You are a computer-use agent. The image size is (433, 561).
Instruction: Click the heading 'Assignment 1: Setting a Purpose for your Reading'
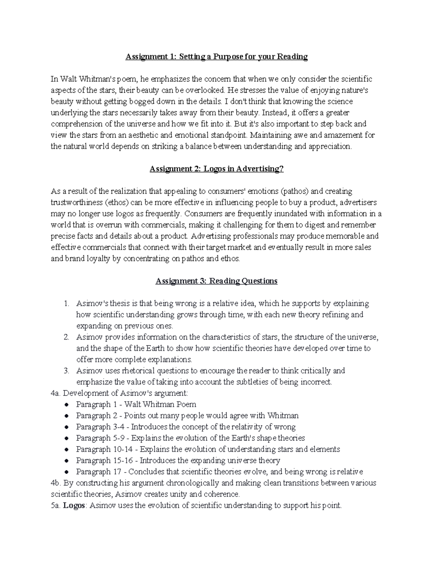tap(216, 57)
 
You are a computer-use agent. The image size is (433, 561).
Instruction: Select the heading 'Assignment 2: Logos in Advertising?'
tap(216, 169)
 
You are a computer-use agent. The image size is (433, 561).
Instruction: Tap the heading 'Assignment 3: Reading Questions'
tap(216, 281)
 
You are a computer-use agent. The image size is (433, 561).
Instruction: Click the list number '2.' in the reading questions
tap(66, 337)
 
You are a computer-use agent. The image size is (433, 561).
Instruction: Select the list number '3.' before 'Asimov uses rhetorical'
tap(66, 371)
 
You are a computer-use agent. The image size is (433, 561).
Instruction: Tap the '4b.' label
tap(56, 483)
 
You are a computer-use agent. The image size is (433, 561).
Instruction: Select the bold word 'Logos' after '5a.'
tap(74, 506)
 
